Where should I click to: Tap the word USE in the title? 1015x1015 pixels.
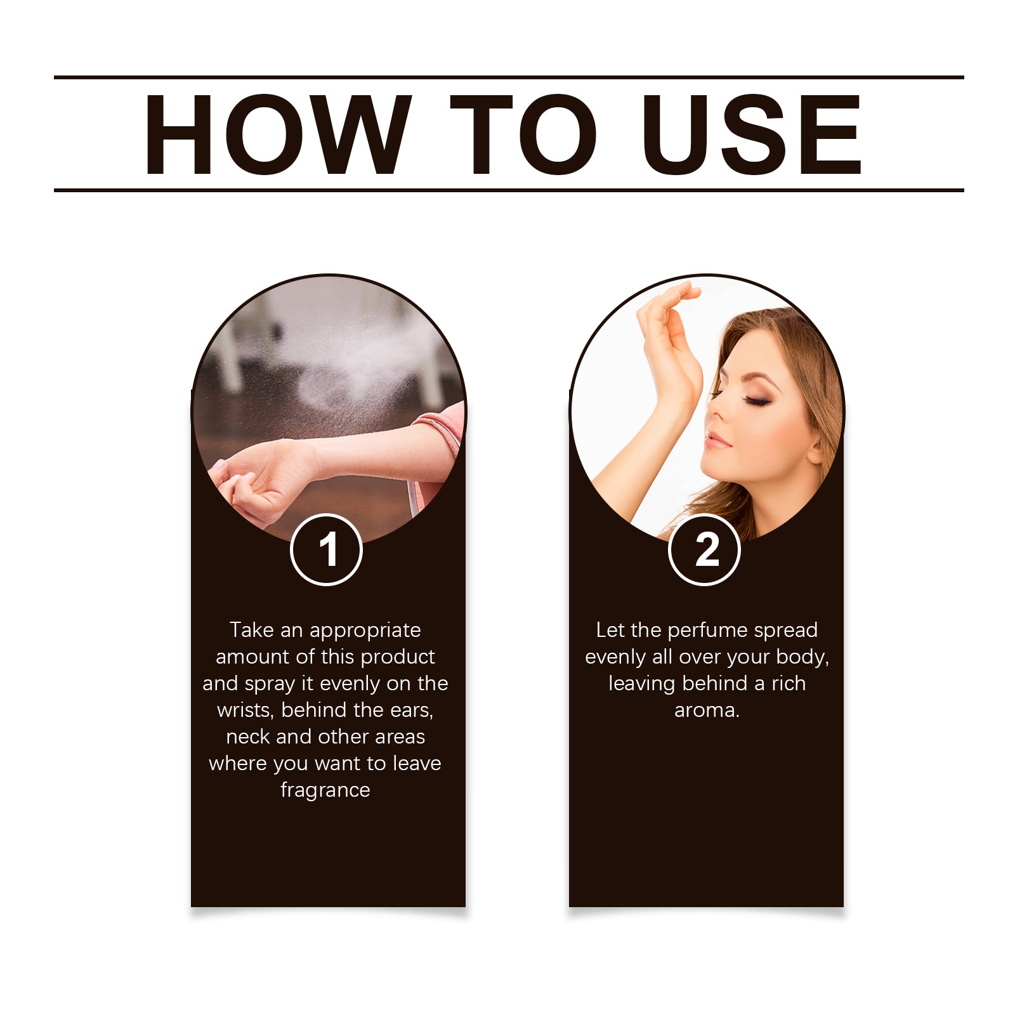coord(752,134)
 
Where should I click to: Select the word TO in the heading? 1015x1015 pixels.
coord(523,134)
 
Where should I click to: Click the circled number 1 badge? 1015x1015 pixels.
coord(326,549)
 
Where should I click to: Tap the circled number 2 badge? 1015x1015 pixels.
coord(704,549)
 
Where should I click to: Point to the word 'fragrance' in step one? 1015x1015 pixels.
coord(325,791)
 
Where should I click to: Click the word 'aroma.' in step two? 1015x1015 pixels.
coord(707,710)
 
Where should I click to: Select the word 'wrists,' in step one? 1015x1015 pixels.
coord(246,710)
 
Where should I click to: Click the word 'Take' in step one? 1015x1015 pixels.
coord(251,630)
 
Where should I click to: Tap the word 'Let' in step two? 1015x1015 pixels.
coord(610,630)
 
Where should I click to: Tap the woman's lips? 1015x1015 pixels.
coord(717,440)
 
